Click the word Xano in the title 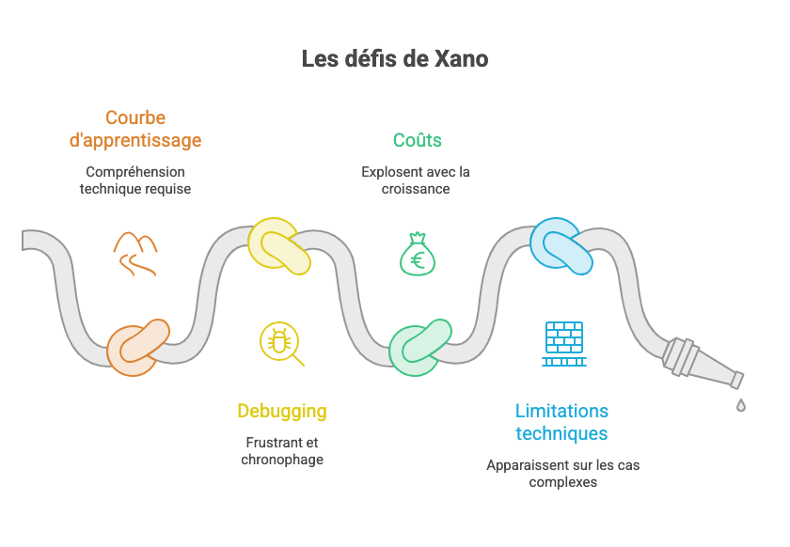click(462, 59)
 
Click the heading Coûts click(418, 140)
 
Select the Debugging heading click(282, 412)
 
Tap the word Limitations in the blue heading click(561, 411)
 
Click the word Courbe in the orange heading click(135, 117)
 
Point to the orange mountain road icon click(135, 254)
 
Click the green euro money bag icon click(418, 254)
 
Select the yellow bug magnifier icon click(281, 343)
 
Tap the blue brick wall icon click(564, 343)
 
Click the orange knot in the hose click(138, 348)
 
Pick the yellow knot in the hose click(279, 246)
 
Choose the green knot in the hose click(420, 348)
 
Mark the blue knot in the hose click(561, 246)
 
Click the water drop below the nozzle click(741, 405)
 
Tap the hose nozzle click(703, 363)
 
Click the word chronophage click(282, 460)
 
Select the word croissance click(416, 189)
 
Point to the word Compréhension click(135, 172)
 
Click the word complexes click(562, 482)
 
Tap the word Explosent click(387, 172)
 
